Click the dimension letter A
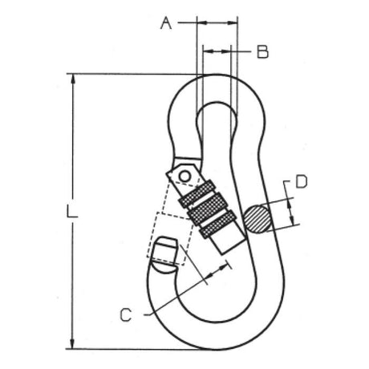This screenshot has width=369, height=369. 166,23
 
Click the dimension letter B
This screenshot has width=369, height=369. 262,51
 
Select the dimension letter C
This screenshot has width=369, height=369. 126,314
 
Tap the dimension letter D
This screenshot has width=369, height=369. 302,182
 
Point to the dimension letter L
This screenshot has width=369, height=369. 71,211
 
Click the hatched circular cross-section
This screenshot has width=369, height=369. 257,218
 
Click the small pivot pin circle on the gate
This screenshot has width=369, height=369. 184,176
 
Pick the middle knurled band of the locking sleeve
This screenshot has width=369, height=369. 207,209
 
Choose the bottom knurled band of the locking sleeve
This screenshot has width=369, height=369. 218,224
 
